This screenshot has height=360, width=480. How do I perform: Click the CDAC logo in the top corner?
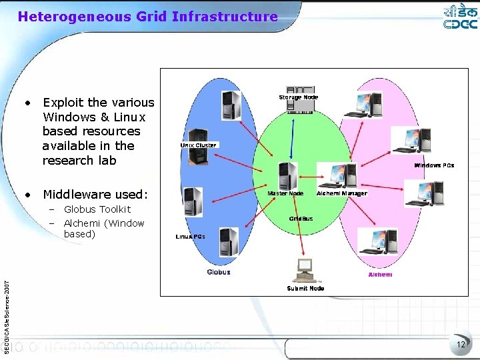tap(460, 18)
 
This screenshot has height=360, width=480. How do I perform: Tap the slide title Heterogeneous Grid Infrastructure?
tap(147, 16)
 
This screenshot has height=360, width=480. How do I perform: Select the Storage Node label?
tap(298, 97)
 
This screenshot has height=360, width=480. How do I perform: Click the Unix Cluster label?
tap(198, 145)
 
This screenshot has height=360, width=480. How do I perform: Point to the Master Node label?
tap(285, 193)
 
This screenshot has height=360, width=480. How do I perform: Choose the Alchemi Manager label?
tap(342, 193)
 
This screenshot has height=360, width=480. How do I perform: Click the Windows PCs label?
tap(434, 165)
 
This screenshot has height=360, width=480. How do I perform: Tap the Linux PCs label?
tap(190, 236)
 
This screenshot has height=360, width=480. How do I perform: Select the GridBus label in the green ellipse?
tap(301, 218)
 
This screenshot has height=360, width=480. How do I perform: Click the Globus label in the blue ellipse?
tap(219, 272)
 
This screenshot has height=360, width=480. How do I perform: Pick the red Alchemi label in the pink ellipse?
tap(380, 275)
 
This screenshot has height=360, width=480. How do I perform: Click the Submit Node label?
tap(305, 289)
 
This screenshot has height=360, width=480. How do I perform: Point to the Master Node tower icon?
tap(287, 176)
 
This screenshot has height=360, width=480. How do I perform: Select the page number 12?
tap(461, 344)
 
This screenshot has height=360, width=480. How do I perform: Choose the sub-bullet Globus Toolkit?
tap(97, 209)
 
